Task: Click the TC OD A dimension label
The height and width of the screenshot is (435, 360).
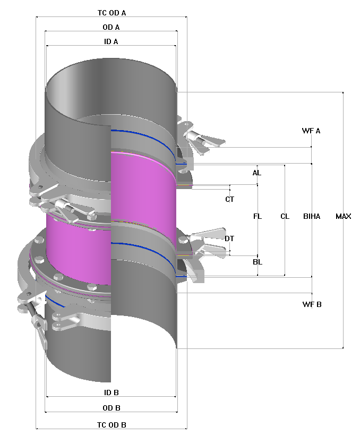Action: [112, 12]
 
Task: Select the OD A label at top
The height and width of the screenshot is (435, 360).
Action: [111, 27]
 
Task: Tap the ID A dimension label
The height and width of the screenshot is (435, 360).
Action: [111, 41]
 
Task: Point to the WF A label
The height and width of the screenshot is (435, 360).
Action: [311, 131]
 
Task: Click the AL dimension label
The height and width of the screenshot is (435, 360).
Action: [257, 173]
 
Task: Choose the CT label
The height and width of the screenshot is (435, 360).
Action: [229, 199]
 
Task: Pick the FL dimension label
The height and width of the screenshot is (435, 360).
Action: [258, 216]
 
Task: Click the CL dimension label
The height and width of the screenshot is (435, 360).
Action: [285, 216]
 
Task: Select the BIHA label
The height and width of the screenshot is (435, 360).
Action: [312, 216]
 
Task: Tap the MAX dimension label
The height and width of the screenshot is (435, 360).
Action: [343, 216]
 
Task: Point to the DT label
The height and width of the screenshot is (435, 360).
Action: [229, 238]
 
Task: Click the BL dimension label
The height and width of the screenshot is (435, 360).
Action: [258, 262]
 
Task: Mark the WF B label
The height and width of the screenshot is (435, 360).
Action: [312, 304]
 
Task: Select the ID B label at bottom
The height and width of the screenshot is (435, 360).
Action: [111, 393]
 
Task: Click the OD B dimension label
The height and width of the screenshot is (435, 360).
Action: [111, 408]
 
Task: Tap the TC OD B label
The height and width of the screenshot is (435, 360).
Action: [112, 425]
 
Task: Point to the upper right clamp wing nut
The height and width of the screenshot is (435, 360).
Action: [204, 140]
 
